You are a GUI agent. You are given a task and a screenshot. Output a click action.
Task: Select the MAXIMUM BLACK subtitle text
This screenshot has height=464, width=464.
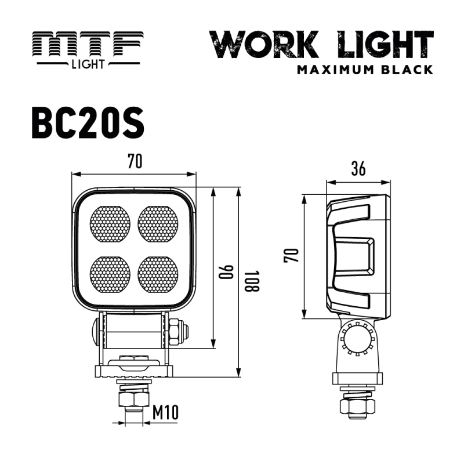(365, 70)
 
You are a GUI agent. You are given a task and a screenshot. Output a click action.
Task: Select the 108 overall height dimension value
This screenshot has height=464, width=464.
(248, 282)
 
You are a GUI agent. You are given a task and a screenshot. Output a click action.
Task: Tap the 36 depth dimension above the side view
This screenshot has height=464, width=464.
(358, 169)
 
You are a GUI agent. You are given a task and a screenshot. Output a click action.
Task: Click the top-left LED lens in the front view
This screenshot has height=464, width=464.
(110, 223)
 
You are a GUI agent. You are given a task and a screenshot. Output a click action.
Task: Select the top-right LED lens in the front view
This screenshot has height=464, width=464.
(158, 223)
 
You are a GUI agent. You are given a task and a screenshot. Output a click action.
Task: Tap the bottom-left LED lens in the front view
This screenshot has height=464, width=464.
(110, 273)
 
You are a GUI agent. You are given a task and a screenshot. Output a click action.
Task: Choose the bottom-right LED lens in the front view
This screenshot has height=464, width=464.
(158, 273)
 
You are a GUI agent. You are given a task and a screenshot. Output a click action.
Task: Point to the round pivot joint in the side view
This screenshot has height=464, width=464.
(356, 339)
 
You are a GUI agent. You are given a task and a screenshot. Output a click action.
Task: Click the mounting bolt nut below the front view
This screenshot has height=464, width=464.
(133, 400)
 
